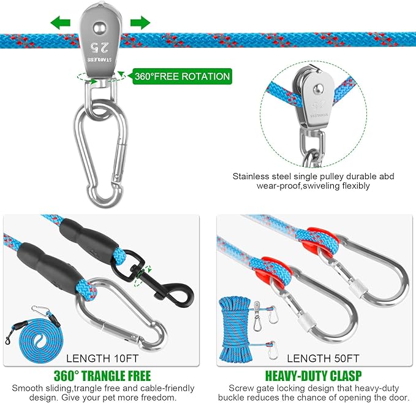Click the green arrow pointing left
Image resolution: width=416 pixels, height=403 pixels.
point(60,22)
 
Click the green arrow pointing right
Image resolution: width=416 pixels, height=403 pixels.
point(140,22)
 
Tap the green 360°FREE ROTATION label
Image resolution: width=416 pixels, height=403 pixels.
point(182,77)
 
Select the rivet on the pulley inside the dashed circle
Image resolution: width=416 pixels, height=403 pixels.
point(318,89)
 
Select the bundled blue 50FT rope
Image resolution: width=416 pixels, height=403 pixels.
point(235,329)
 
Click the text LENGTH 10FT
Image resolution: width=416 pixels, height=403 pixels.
point(102,358)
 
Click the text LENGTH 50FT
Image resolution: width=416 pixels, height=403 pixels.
point(323,358)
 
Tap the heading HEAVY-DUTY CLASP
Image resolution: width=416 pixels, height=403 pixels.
point(313,376)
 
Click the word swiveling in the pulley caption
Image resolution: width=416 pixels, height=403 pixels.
point(321,186)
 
